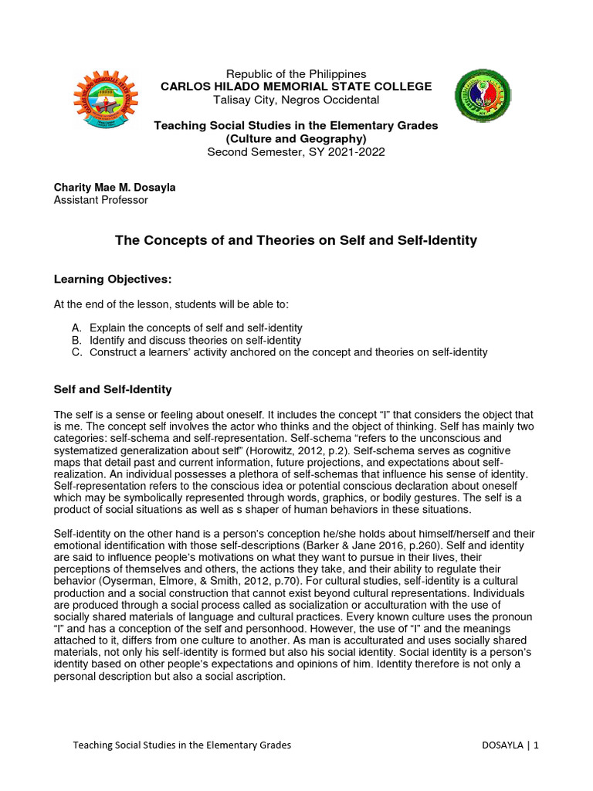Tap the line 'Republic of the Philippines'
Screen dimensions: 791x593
tap(296, 74)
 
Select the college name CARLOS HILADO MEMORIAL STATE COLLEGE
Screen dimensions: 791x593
tap(296, 87)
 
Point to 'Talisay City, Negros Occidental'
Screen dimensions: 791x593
tap(296, 100)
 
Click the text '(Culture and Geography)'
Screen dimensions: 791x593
tap(296, 138)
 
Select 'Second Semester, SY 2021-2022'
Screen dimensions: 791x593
tap(296, 151)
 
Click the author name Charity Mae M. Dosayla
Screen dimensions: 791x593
tap(114, 188)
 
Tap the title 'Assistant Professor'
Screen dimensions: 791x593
tap(100, 200)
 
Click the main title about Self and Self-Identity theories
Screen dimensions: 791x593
tap(296, 241)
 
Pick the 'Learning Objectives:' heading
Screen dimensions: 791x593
tap(112, 278)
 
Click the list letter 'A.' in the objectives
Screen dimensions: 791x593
tap(76, 328)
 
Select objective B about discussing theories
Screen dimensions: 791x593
tap(195, 340)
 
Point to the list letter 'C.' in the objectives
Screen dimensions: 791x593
tap(76, 352)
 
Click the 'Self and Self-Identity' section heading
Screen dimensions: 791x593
tap(113, 389)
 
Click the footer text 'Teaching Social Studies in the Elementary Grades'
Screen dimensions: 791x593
tap(181, 745)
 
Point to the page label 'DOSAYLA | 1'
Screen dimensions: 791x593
tap(510, 745)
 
